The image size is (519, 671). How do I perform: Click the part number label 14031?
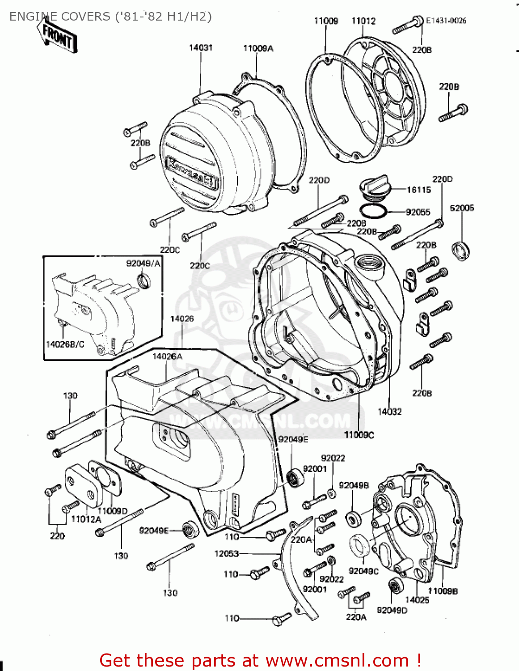[201, 48]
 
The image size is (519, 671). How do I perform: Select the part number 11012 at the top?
[363, 21]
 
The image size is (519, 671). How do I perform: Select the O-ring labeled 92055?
[373, 211]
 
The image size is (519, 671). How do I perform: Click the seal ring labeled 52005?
[460, 250]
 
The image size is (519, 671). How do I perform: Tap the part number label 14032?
[389, 412]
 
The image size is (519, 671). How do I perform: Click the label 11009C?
[359, 435]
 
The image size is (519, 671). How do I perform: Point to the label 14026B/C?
[65, 344]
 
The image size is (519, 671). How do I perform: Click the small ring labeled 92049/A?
[144, 281]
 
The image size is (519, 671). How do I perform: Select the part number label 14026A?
[167, 357]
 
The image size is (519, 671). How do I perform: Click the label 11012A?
[86, 519]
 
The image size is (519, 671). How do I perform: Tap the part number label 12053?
[227, 554]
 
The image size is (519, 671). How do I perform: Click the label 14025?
[417, 600]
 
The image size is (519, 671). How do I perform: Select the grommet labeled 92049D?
[394, 586]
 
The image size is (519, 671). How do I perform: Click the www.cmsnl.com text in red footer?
[337, 660]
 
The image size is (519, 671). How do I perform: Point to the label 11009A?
[258, 48]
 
